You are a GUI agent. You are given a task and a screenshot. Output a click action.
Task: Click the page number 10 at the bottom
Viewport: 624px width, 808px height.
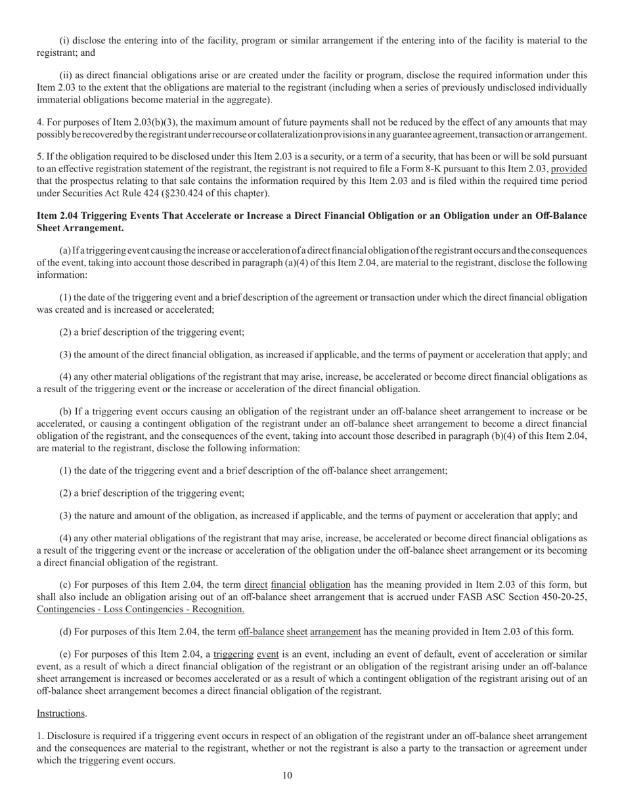[x=287, y=775]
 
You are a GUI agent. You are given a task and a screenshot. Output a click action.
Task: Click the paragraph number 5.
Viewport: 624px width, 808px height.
[x=39, y=157]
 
